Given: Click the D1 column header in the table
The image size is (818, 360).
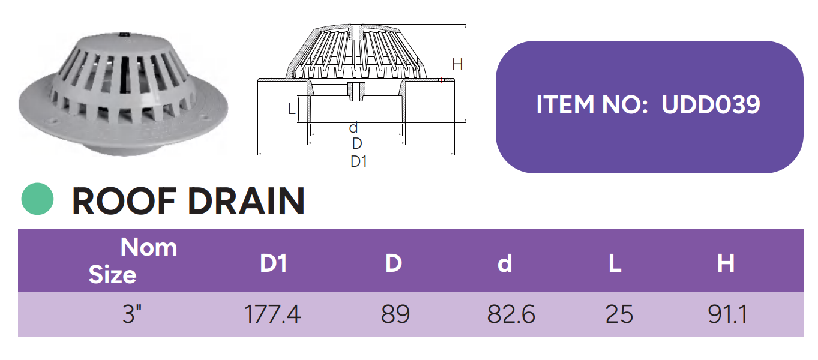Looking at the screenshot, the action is pyautogui.click(x=274, y=263).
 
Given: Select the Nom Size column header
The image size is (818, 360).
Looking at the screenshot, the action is pyautogui.click(x=133, y=260).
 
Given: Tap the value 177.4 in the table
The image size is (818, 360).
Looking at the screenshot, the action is pyautogui.click(x=272, y=314).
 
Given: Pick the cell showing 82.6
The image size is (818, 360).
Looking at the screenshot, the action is pyautogui.click(x=511, y=314).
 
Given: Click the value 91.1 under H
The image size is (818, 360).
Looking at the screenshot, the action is pyautogui.click(x=727, y=314).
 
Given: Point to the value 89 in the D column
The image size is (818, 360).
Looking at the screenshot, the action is pyautogui.click(x=395, y=314).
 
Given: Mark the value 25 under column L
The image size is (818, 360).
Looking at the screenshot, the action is pyautogui.click(x=619, y=314).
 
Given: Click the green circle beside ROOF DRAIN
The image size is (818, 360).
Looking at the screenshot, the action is pyautogui.click(x=37, y=199).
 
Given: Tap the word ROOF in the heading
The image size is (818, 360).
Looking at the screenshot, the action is pyautogui.click(x=124, y=201).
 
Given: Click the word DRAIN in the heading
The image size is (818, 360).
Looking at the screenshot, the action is pyautogui.click(x=246, y=201).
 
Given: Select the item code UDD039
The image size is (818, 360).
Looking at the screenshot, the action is pyautogui.click(x=711, y=105).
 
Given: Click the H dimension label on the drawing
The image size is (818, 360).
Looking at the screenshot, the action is pyautogui.click(x=457, y=64).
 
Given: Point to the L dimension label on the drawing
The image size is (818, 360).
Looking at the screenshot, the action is pyautogui.click(x=292, y=109).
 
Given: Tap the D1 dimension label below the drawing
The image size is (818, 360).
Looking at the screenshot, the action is pyautogui.click(x=359, y=161).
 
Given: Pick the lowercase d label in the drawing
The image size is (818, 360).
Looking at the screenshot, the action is pyautogui.click(x=353, y=128).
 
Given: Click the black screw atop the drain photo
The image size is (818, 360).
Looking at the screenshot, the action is pyautogui.click(x=124, y=35).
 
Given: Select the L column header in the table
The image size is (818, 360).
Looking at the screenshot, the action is pyautogui.click(x=615, y=263).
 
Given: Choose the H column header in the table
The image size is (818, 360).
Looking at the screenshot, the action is pyautogui.click(x=726, y=263).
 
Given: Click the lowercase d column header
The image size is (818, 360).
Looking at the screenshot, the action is pyautogui.click(x=505, y=263).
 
